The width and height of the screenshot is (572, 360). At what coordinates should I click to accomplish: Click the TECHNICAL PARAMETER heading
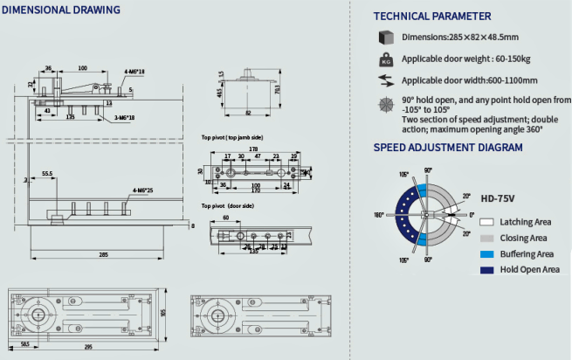[432, 16]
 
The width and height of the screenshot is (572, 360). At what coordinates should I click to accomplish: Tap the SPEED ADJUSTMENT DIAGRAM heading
[448, 148]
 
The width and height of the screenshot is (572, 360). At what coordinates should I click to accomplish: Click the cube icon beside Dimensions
[384, 37]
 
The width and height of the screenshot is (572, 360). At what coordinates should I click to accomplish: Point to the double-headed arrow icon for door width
[384, 80]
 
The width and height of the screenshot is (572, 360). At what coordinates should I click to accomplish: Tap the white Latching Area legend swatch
[486, 223]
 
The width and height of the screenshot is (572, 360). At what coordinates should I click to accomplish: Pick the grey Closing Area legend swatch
[486, 238]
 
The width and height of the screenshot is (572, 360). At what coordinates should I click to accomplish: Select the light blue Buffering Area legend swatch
[486, 253]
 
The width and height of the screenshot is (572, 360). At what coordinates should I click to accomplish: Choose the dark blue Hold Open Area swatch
[486, 269]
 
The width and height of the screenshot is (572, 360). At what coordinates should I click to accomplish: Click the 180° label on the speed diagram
[378, 214]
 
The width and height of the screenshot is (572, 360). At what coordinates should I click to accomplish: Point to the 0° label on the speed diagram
[472, 214]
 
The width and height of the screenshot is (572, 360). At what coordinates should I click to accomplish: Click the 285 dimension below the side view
[103, 253]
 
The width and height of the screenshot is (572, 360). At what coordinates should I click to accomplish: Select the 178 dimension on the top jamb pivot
[252, 149]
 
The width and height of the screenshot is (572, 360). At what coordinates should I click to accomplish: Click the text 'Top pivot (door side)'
[228, 205]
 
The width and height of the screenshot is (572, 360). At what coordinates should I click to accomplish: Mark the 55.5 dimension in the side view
[46, 174]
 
